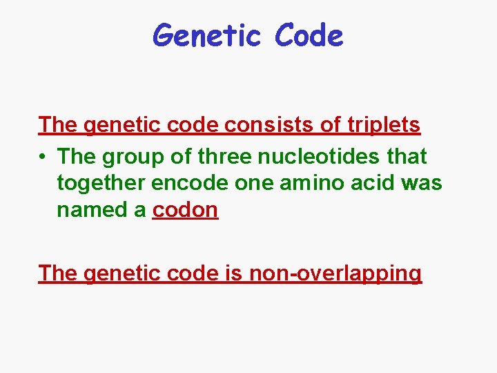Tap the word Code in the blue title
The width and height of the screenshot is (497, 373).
[x=309, y=35]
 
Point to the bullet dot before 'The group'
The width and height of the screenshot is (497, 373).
[x=43, y=157]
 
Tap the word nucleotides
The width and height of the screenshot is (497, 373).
[x=318, y=157]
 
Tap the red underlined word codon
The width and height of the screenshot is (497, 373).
[x=185, y=209]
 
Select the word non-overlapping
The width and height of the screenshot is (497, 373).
[x=335, y=274]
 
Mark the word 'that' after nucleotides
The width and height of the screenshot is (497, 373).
[x=407, y=157]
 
